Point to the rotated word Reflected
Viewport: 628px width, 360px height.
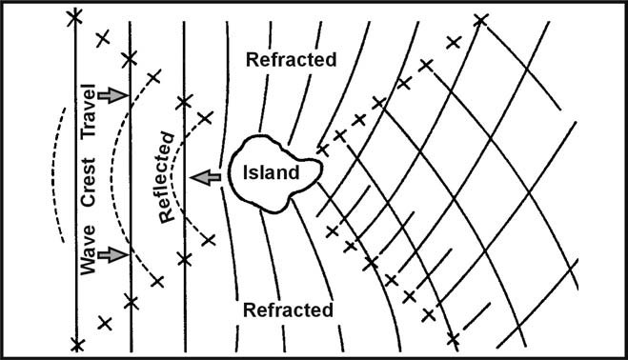click(170, 176)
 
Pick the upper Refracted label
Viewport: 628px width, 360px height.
click(292, 60)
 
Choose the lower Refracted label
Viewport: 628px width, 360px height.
click(288, 310)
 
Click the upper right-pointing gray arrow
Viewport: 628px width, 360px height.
click(111, 95)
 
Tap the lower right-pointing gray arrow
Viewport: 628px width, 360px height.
click(111, 254)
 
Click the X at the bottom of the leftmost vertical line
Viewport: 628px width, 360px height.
click(77, 343)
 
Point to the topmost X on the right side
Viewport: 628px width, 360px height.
click(481, 19)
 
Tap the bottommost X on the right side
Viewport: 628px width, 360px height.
click(453, 340)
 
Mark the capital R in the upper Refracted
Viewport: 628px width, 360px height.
click(253, 60)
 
